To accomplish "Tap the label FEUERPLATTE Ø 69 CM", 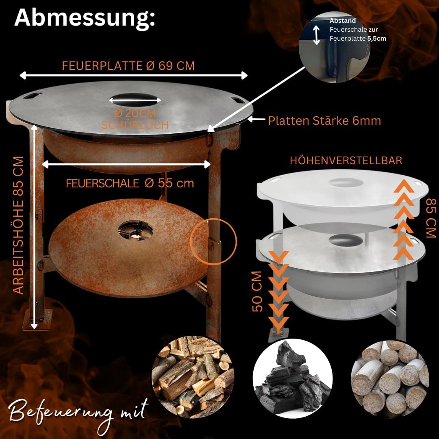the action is click(x=128, y=66).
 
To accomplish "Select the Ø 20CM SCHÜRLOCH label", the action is click(x=135, y=119).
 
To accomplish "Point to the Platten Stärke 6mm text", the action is click(x=324, y=121).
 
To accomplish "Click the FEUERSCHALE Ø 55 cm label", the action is click(x=130, y=183).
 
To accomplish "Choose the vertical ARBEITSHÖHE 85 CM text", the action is click(x=18, y=225).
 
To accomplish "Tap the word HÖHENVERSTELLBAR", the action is click(x=346, y=161).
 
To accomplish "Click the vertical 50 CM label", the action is click(x=257, y=291).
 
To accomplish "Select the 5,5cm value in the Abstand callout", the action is click(x=376, y=39).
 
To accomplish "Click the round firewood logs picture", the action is click(x=193, y=376).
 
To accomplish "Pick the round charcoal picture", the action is click(x=293, y=378).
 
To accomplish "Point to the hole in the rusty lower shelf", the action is click(x=135, y=230).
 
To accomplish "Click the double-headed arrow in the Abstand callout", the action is click(x=316, y=35).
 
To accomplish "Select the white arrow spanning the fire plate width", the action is click(x=134, y=76).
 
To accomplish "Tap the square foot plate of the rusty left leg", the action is click(x=37, y=320).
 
